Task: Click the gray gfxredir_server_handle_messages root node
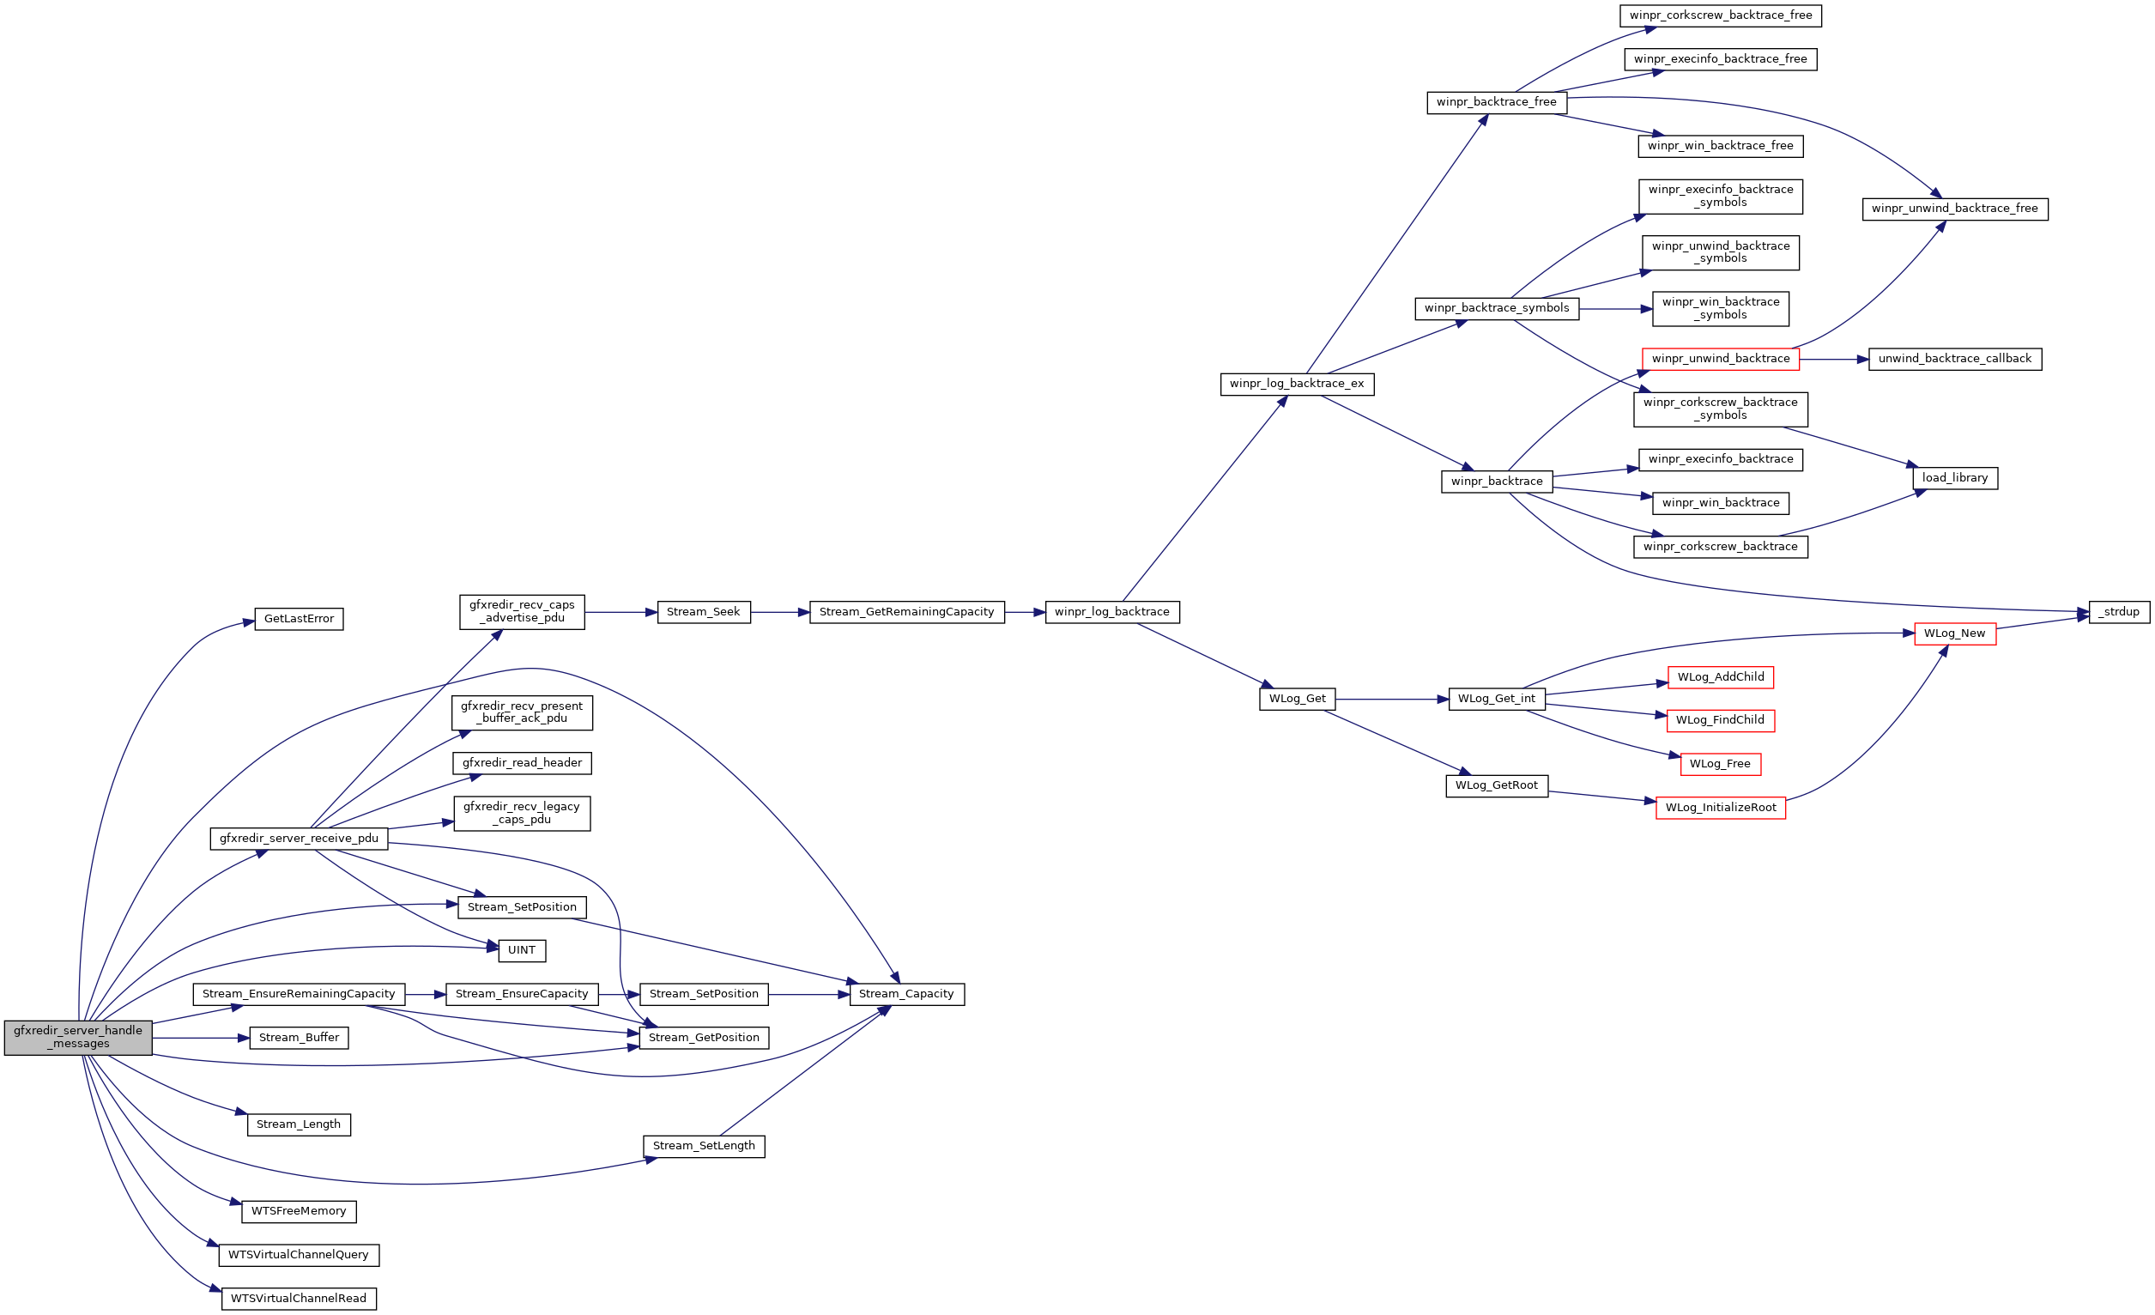pyautogui.click(x=78, y=1038)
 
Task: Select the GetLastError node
pyautogui.click(x=299, y=620)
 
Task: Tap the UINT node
pyautogui.click(x=521, y=951)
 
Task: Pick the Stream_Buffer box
pyautogui.click(x=299, y=1039)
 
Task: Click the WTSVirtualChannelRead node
pyautogui.click(x=299, y=1300)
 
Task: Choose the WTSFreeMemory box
pyautogui.click(x=299, y=1212)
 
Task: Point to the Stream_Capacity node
pyautogui.click(x=906, y=995)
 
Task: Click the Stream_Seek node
pyautogui.click(x=703, y=613)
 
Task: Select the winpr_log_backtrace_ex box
pyautogui.click(x=1296, y=384)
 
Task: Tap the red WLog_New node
pyautogui.click(x=1955, y=634)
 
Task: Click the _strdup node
pyautogui.click(x=2118, y=613)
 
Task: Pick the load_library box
pyautogui.click(x=1955, y=479)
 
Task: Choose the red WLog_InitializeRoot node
pyautogui.click(x=1721, y=809)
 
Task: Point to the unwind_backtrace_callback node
pyautogui.click(x=1955, y=360)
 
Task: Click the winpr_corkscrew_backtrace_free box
pyautogui.click(x=1721, y=15)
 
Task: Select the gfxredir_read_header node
pyautogui.click(x=521, y=764)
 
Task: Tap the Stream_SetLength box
pyautogui.click(x=703, y=1147)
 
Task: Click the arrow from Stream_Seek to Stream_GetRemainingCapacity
pyautogui.click(x=779, y=613)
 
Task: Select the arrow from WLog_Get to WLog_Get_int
pyautogui.click(x=1390, y=700)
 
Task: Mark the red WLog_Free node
pyautogui.click(x=1720, y=765)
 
